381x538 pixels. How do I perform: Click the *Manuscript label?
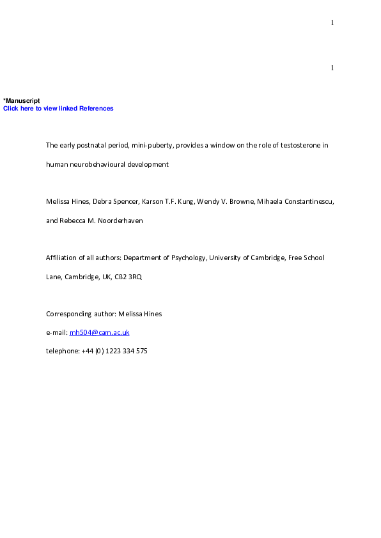click(22, 101)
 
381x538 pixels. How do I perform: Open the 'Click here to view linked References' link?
click(58, 109)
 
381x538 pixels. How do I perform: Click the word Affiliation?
click(61, 258)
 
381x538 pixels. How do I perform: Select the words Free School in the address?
click(306, 258)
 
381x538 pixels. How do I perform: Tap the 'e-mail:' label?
click(56, 333)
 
